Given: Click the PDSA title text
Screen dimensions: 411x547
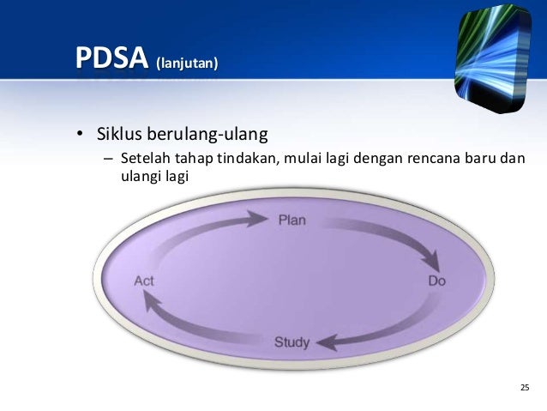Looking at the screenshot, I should [x=111, y=60].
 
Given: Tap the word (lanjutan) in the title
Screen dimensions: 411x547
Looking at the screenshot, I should [x=187, y=63].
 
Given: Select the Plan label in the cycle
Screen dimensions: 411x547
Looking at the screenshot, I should [x=292, y=221].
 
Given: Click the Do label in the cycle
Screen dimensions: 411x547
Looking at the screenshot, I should [x=436, y=281].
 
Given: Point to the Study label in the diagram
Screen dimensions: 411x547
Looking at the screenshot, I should [x=292, y=342].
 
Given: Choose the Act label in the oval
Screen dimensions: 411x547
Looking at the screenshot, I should [x=143, y=281].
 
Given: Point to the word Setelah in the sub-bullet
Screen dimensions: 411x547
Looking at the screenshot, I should [x=145, y=159].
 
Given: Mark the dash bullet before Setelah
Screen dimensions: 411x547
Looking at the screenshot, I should [x=107, y=160].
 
